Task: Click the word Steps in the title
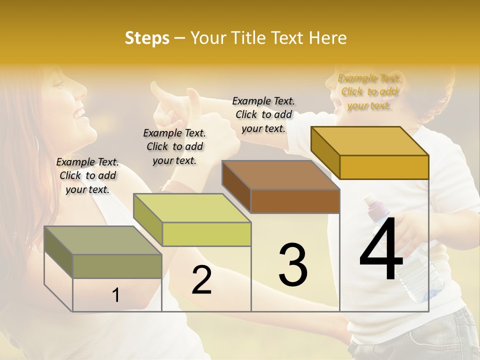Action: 147,38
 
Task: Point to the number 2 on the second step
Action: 201,280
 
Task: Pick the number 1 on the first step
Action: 115,295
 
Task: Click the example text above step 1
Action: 87,175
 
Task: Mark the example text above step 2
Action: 174,146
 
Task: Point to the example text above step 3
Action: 263,114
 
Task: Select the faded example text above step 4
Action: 369,91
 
